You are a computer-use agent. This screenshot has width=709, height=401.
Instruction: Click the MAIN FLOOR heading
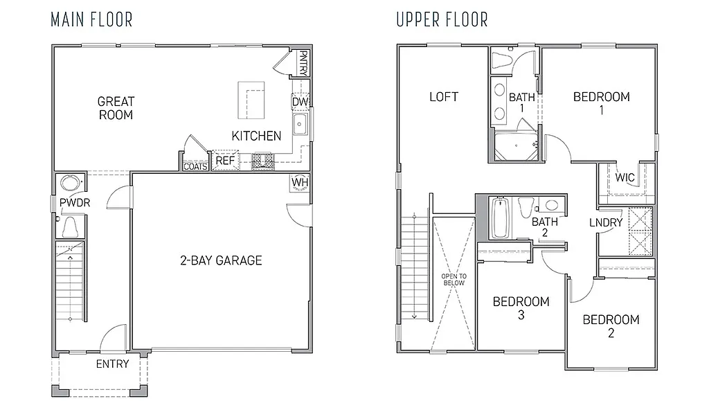(91, 19)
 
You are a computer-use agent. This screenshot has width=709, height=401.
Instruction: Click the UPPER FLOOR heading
(442, 19)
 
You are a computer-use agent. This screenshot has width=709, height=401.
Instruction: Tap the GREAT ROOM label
(116, 108)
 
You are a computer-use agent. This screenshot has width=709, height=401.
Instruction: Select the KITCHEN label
(256, 136)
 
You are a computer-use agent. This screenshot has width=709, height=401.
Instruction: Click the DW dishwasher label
(300, 103)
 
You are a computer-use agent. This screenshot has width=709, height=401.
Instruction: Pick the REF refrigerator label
(225, 161)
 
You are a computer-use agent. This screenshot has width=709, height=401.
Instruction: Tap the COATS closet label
(195, 166)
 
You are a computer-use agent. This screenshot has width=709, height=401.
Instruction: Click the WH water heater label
(300, 182)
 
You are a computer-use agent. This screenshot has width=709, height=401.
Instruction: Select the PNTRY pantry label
(303, 62)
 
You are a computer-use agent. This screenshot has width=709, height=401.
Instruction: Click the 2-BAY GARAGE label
(222, 260)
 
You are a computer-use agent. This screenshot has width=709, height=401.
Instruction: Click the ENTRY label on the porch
(112, 364)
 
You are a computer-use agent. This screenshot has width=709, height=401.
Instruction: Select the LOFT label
(444, 97)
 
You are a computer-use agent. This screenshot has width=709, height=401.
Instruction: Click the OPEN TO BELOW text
(454, 279)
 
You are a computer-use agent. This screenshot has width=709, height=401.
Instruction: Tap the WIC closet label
(625, 177)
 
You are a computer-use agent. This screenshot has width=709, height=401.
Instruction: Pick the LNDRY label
(606, 222)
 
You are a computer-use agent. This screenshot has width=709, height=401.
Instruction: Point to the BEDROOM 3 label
(521, 308)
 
